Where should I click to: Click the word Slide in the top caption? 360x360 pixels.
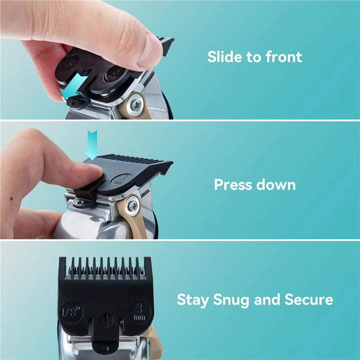[224, 57]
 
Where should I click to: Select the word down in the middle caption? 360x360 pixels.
[277, 184]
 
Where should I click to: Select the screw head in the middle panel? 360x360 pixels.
[133, 207]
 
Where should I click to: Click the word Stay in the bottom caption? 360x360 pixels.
[193, 300]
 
